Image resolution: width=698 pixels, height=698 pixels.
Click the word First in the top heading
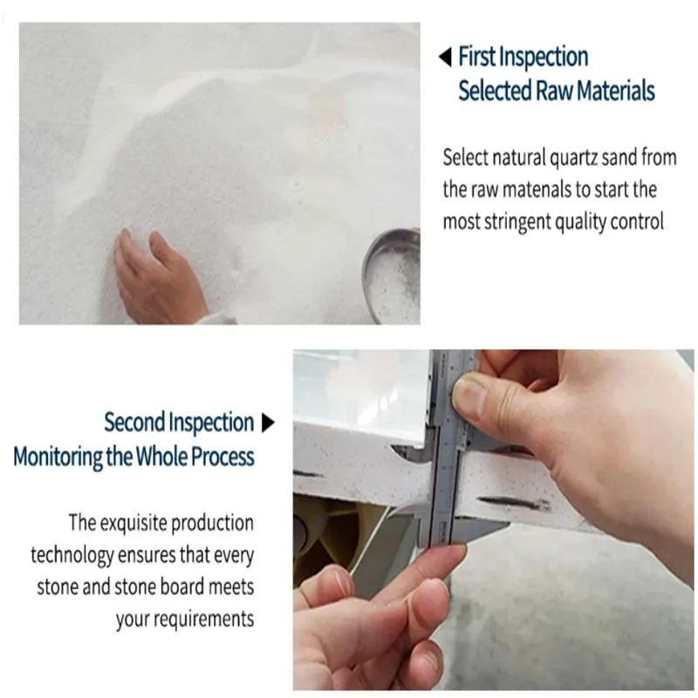click(x=476, y=58)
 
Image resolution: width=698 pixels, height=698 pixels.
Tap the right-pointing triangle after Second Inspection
click(x=268, y=424)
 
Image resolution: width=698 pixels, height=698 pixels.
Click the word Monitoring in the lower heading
click(x=58, y=456)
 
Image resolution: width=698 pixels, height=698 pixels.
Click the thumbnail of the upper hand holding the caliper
click(x=469, y=397)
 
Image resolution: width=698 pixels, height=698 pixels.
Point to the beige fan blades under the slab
click(x=332, y=541)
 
